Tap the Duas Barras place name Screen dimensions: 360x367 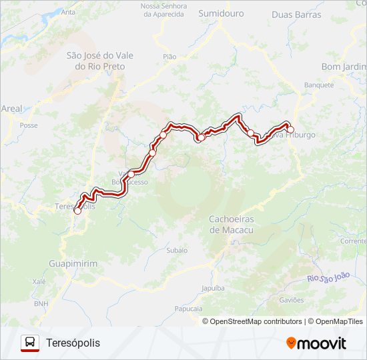[x=297, y=15]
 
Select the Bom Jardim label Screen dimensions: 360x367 [x=344, y=67]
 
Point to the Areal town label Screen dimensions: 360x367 [x=12, y=108]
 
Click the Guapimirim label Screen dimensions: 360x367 [x=73, y=264]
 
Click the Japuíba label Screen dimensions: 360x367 [x=213, y=288]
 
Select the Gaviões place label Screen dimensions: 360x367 [x=291, y=300]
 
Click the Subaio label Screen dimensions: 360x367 [x=177, y=251]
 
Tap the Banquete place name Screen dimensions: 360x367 [x=318, y=85]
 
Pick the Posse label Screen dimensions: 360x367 [x=29, y=125]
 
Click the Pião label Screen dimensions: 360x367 [x=169, y=57]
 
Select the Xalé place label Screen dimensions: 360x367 [x=39, y=282]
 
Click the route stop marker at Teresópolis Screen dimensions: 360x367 [x=77, y=211]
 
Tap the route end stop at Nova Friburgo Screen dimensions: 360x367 [x=290, y=130]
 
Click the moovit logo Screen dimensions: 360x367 [x=316, y=343]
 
